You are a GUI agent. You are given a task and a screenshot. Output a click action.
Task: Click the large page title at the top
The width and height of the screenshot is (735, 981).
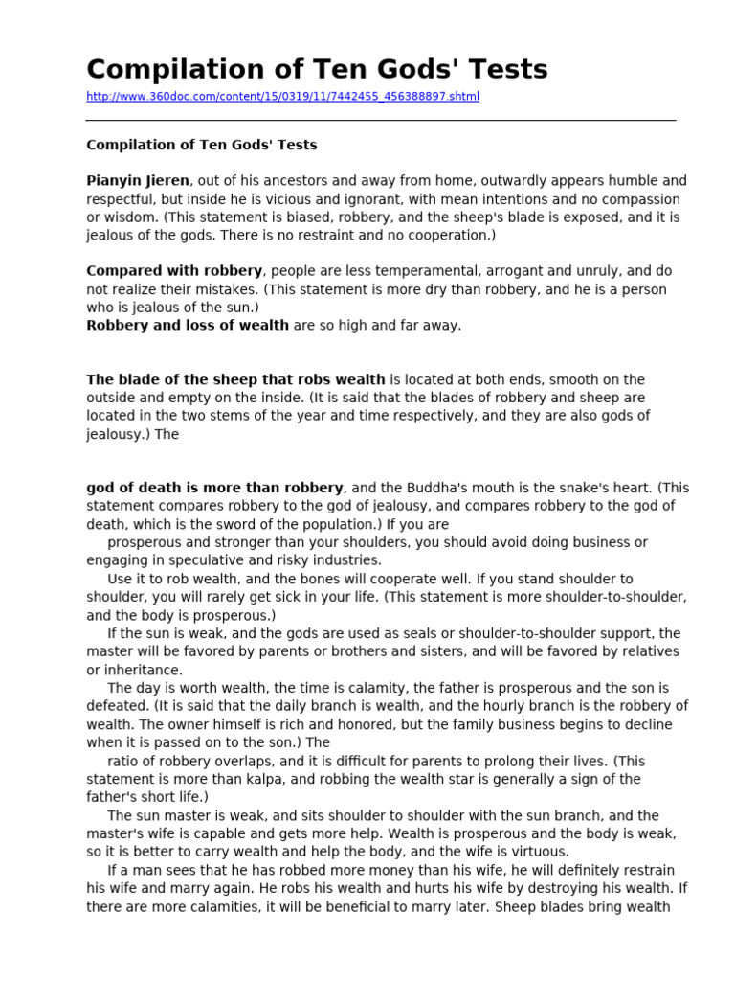[x=317, y=69]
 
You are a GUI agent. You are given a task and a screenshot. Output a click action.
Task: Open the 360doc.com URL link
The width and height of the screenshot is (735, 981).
[x=282, y=97]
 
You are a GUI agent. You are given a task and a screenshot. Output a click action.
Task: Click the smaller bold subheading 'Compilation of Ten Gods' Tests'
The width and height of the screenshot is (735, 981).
[x=201, y=145]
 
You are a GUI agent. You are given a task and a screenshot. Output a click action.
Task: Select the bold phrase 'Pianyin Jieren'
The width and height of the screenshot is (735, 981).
[x=139, y=181]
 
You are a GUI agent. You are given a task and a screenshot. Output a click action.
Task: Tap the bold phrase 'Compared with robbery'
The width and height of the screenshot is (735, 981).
[x=174, y=271]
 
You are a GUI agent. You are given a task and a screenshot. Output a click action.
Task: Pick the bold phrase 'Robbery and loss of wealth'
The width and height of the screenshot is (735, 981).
[x=188, y=325]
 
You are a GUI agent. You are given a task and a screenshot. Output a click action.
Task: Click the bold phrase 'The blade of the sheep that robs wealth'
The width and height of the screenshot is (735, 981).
[x=235, y=379]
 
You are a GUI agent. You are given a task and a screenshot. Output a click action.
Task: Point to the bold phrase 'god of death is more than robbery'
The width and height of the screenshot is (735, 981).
[x=214, y=488]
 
